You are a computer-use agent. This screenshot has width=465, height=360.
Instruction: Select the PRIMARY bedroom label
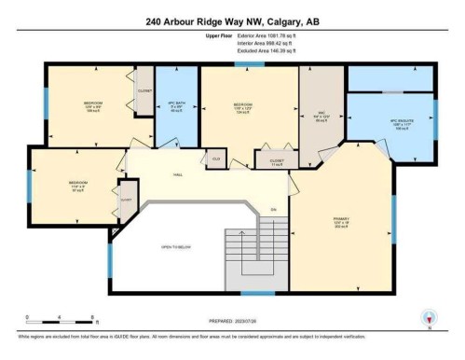pyautogui.click(x=340, y=221)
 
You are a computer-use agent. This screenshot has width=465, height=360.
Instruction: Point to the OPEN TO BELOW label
pyautogui.click(x=177, y=246)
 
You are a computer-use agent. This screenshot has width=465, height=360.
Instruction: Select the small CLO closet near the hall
pyautogui.click(x=215, y=159)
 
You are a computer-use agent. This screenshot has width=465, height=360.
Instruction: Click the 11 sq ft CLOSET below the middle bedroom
pyautogui.click(x=277, y=162)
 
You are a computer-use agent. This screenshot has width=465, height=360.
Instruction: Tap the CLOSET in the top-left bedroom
pyautogui.click(x=144, y=91)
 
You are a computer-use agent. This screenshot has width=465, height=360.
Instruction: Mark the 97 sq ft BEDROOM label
pyautogui.click(x=77, y=184)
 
